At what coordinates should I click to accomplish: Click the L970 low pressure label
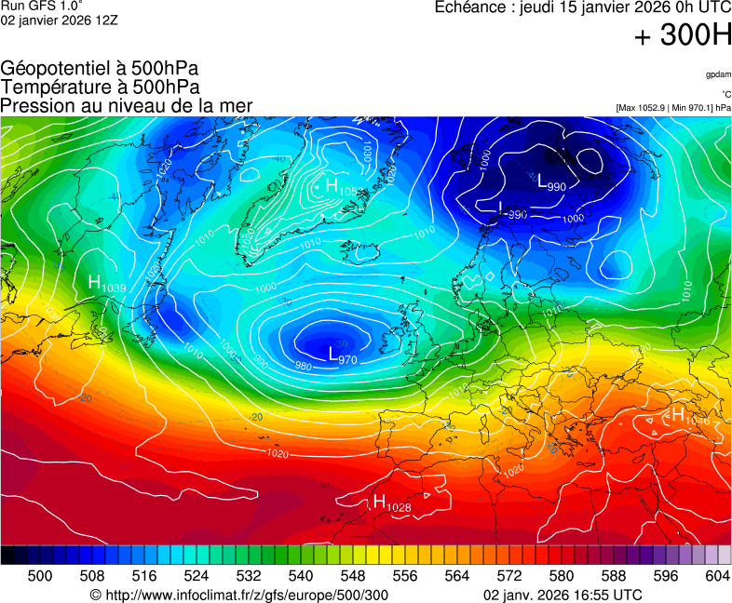pos(342,355)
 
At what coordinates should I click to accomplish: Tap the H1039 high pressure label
pos(106,284)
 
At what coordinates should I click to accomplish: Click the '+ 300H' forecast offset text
pos(683,36)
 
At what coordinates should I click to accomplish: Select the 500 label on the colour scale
pos(40,576)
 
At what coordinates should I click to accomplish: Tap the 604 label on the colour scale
pos(717,576)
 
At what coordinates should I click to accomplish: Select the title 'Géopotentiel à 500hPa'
pos(100,69)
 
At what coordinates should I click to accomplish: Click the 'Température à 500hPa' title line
pos(100,87)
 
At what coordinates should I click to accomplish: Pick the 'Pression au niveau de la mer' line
pos(127,105)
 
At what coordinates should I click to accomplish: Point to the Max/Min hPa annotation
pos(673,108)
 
